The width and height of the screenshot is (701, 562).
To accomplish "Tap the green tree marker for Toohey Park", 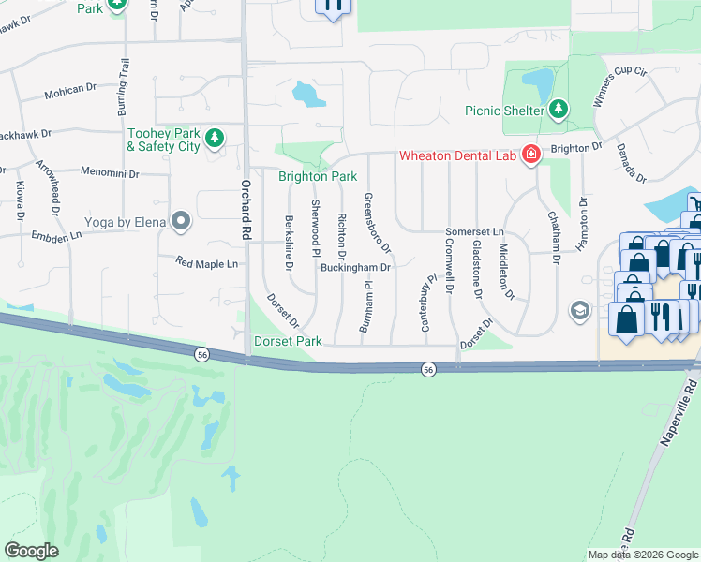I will (x=215, y=139).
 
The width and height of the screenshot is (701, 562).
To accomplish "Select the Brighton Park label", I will (x=317, y=176).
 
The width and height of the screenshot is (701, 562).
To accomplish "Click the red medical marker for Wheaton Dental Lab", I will (x=530, y=155).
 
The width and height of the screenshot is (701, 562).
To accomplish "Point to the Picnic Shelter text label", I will (x=504, y=111).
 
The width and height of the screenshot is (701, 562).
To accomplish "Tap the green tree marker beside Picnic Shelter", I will (x=559, y=110).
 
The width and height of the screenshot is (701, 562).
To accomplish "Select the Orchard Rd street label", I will (x=246, y=200).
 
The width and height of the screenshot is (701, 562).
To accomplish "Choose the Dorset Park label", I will (x=288, y=342).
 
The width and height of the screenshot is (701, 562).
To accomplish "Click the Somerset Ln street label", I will (x=474, y=231).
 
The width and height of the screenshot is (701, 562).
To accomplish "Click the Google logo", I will (x=31, y=551).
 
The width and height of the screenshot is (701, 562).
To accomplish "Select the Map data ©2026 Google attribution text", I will (x=642, y=555).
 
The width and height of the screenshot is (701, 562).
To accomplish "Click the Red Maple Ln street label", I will (x=206, y=264).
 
